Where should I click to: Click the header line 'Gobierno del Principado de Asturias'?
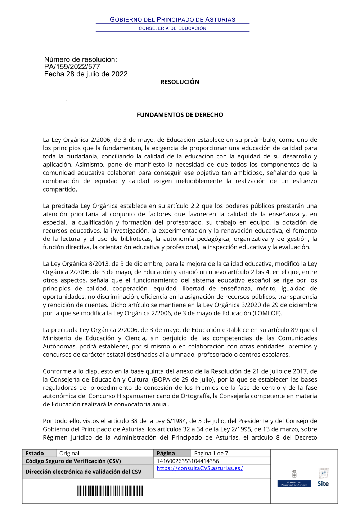172,19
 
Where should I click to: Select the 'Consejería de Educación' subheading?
172,28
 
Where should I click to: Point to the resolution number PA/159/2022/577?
72,67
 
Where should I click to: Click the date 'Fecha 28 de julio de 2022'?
86,74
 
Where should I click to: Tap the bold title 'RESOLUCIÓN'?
180,82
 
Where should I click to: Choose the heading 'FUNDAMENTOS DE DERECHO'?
180,115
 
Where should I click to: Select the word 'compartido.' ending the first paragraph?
60,189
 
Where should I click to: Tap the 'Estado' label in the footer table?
35,453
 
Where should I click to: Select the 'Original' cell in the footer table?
69,453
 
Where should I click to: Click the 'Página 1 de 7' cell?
211,453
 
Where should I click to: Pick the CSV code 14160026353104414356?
188,461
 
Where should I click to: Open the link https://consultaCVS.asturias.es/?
200,468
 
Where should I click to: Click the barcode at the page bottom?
109,491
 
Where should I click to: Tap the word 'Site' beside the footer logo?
323,483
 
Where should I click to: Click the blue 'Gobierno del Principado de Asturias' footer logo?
294,483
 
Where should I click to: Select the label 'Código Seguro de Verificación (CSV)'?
73,461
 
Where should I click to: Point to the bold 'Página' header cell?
166,453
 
